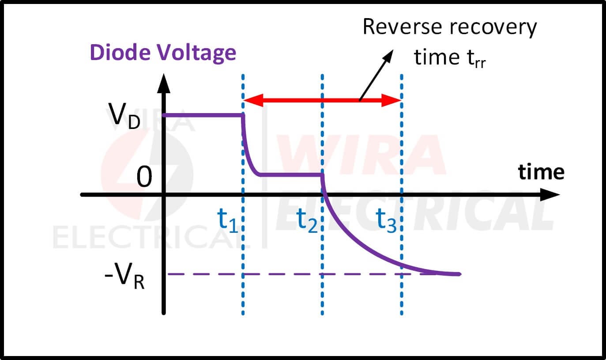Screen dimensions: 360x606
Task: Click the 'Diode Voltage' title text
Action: click(x=163, y=53)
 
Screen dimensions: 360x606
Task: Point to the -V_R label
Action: click(x=125, y=277)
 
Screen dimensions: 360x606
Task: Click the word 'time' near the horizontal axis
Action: click(x=541, y=172)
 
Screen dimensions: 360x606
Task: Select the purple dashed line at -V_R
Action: click(x=265, y=274)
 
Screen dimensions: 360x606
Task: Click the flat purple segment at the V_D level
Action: click(x=203, y=115)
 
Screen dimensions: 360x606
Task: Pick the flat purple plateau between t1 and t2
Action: click(x=291, y=175)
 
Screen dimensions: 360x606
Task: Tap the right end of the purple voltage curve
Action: click(x=459, y=274)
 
